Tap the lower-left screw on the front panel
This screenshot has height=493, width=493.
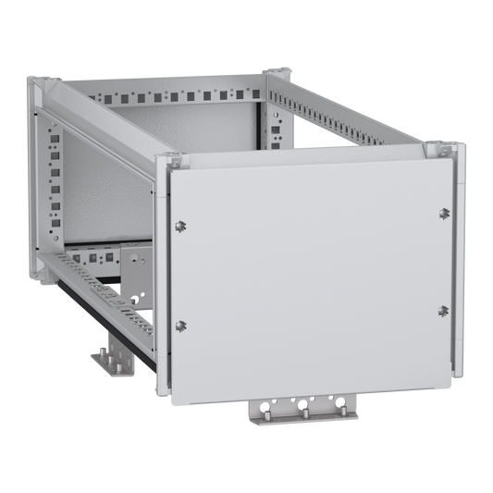tap(180, 323)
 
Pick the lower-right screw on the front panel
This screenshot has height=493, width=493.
tap(443, 310)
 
